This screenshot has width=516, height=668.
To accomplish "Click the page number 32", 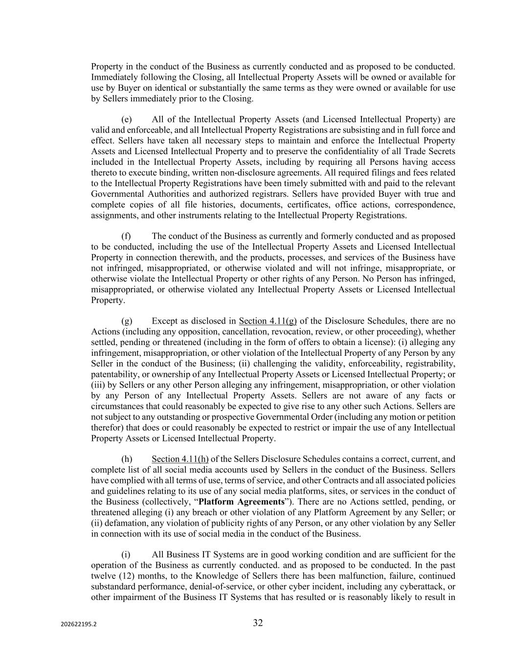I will pyautogui.click(x=258, y=623).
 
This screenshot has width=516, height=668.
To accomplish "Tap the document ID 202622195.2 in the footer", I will pyautogui.click(x=79, y=624).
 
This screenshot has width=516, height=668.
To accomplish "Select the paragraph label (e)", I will pyautogui.click(x=126, y=119).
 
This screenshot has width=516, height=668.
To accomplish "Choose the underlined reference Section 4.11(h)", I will pyautogui.click(x=180, y=459).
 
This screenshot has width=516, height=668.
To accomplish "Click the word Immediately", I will pyautogui.click(x=114, y=77).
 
